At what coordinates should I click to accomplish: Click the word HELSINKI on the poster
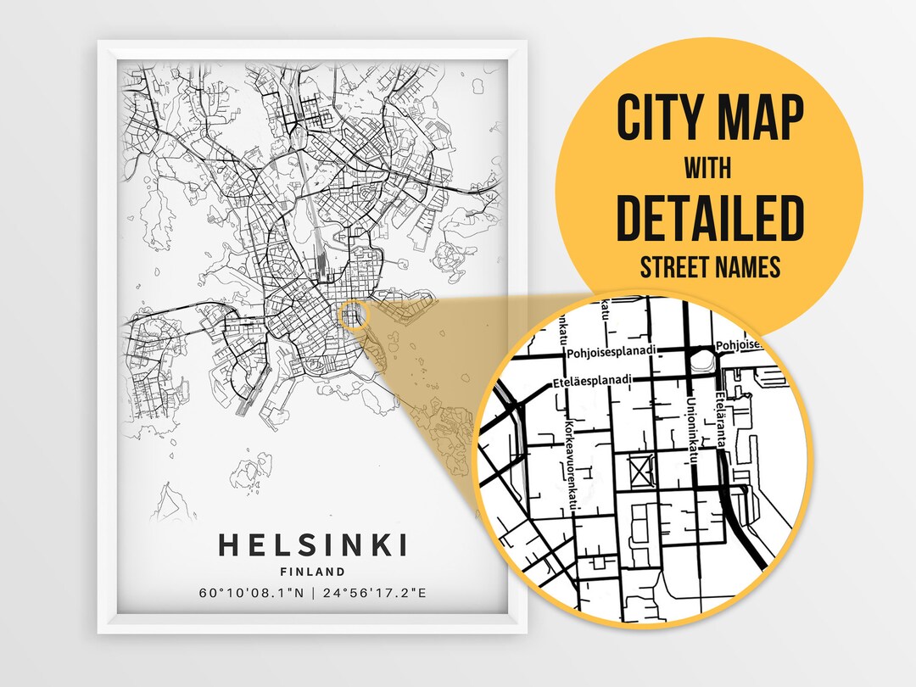point(313,544)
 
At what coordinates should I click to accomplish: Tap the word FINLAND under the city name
point(313,571)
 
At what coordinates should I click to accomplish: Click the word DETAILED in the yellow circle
point(709,218)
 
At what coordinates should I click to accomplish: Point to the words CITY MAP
point(709,118)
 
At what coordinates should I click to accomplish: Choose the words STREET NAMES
point(709,268)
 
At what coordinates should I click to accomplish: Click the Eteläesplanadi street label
point(591,382)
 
